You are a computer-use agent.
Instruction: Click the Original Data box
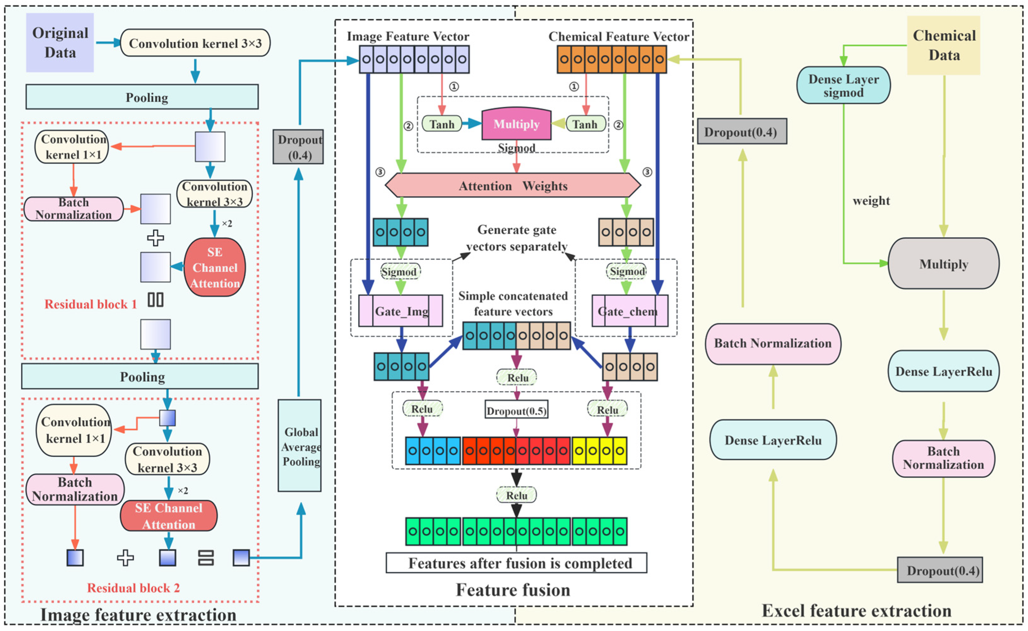coord(60,43)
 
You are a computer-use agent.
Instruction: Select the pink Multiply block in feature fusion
coord(516,124)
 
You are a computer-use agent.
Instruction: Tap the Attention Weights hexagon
coord(513,185)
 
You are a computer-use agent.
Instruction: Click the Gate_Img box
coord(400,311)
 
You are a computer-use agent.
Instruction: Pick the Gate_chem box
coord(630,311)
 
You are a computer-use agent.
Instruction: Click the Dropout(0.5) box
coord(517,411)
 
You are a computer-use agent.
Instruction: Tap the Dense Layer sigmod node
coord(843,85)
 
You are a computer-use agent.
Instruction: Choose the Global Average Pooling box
coord(299,446)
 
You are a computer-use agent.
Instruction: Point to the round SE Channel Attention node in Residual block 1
coord(215,267)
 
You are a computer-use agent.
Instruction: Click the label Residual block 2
coord(133,587)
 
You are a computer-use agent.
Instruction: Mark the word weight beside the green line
coord(871,201)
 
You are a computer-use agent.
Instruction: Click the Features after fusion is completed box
coord(517,563)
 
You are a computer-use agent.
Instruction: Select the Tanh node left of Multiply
coord(442,124)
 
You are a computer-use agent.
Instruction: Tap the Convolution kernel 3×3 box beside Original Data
coord(195,43)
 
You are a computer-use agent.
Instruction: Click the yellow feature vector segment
coord(599,451)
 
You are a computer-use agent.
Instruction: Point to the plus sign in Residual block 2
coord(125,558)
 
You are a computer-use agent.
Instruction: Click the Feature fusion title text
coord(513,590)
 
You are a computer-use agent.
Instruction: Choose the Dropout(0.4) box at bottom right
coord(940,570)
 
